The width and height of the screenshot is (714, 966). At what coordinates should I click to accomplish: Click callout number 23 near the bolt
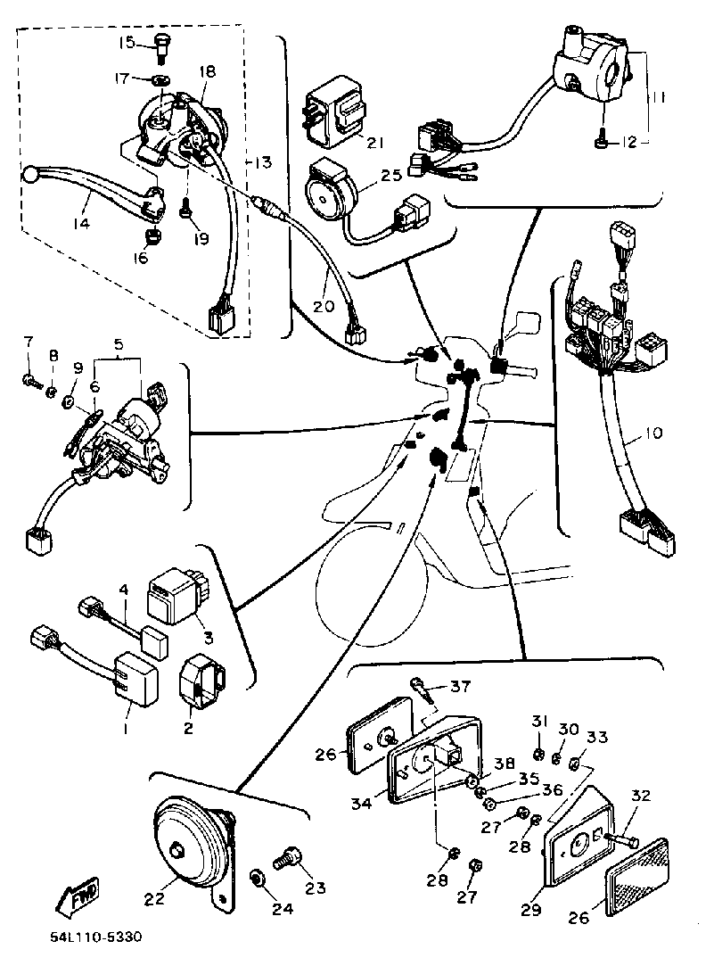tap(315, 888)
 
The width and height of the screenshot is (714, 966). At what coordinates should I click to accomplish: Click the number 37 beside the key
tap(458, 686)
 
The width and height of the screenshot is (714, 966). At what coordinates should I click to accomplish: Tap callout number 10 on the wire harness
tap(653, 434)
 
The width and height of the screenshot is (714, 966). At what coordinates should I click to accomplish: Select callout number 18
tap(208, 70)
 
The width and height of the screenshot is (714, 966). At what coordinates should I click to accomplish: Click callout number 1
tap(125, 729)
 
